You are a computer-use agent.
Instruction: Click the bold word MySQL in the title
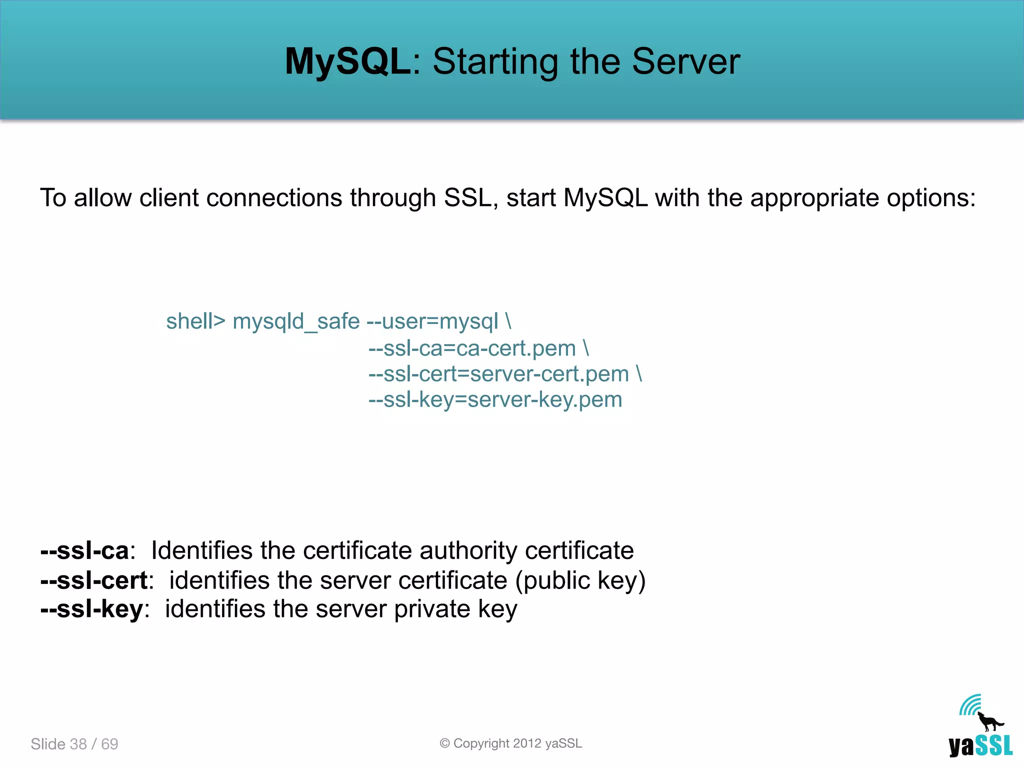(x=347, y=61)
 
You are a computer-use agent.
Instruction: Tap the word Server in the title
(x=685, y=61)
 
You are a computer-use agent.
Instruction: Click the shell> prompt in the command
(x=195, y=321)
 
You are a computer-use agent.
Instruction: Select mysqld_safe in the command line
(x=296, y=321)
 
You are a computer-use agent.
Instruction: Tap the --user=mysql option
(x=432, y=321)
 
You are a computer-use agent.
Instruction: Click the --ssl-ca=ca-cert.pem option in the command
(x=472, y=348)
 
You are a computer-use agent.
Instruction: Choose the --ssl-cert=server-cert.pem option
(x=498, y=374)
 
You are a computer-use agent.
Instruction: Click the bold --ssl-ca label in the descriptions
(x=84, y=550)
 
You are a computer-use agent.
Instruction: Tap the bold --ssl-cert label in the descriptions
(x=94, y=580)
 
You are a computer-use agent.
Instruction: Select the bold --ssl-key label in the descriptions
(x=92, y=609)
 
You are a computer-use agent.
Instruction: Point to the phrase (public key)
(x=580, y=580)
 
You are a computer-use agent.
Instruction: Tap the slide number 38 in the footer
(x=78, y=744)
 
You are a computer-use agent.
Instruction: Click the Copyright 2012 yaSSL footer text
(x=511, y=743)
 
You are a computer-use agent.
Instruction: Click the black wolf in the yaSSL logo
(x=988, y=721)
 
